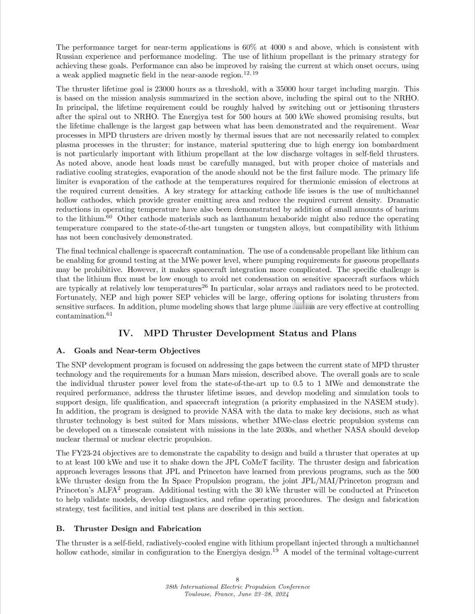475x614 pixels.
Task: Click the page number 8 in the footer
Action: click(237, 580)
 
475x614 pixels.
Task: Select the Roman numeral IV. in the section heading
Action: click(125, 333)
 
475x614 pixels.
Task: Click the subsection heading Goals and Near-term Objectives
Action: click(137, 351)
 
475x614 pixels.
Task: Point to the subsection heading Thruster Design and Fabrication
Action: click(137, 528)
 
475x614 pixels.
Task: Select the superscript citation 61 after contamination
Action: click(110, 314)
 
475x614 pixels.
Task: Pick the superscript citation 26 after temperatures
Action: click(205, 287)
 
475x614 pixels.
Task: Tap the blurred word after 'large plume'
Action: click(303, 307)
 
